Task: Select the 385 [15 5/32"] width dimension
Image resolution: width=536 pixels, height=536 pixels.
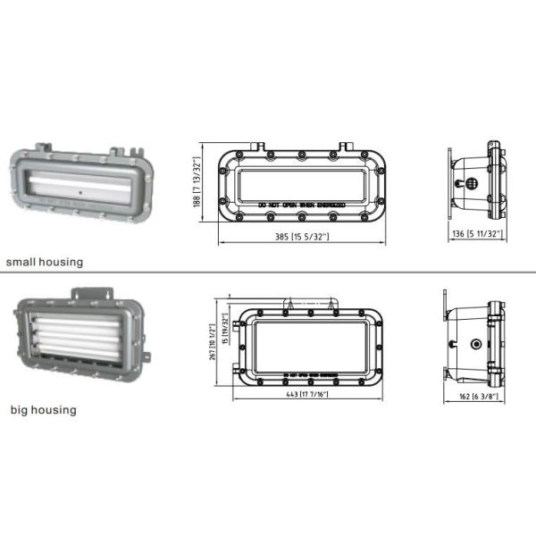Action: (x=301, y=237)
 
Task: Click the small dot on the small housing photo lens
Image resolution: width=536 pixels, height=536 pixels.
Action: (x=81, y=191)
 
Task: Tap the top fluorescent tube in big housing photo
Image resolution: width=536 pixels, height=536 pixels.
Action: (x=71, y=317)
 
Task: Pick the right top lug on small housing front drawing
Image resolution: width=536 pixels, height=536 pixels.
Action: (x=348, y=145)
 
